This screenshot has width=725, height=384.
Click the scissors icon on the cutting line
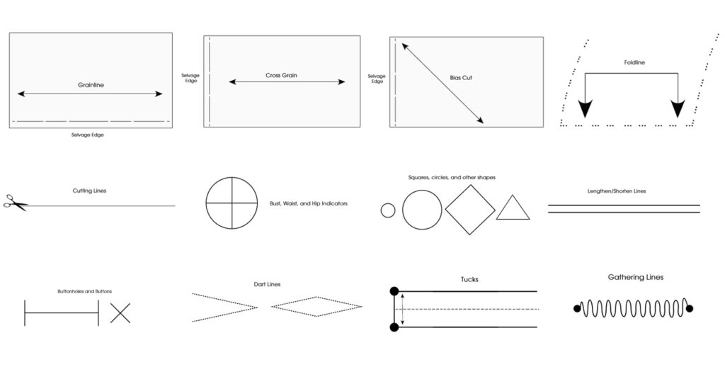point(15,203)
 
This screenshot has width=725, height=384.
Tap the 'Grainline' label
point(91,85)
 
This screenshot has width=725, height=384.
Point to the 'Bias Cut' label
point(461,77)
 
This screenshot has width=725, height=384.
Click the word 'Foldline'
point(634,62)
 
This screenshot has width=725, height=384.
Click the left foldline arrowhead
point(584,108)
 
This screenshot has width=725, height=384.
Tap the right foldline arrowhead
point(678,108)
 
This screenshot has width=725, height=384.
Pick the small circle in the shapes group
point(387,210)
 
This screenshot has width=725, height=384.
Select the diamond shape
point(469,210)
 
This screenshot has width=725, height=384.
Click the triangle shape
point(513,210)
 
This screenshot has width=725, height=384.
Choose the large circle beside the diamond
point(422,210)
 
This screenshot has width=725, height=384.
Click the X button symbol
point(120,312)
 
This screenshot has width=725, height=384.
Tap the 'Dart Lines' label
point(267,284)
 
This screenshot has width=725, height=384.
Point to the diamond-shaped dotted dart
point(316,307)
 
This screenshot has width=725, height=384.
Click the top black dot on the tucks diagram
point(394,290)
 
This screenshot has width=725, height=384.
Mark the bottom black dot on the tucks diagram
point(394,327)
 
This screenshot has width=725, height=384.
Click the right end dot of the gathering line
point(690,308)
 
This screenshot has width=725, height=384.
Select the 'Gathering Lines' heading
point(636,277)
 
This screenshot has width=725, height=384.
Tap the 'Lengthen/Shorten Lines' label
point(616,191)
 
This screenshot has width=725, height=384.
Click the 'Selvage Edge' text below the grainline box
point(88,135)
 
